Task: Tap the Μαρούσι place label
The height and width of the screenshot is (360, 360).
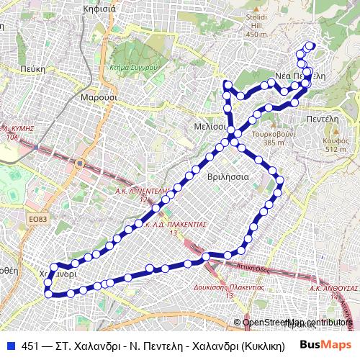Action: pyautogui.click(x=94, y=96)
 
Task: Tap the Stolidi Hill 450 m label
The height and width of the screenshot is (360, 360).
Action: pyautogui.click(x=256, y=28)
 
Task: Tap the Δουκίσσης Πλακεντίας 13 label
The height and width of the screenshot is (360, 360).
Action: pyautogui.click(x=229, y=292)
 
